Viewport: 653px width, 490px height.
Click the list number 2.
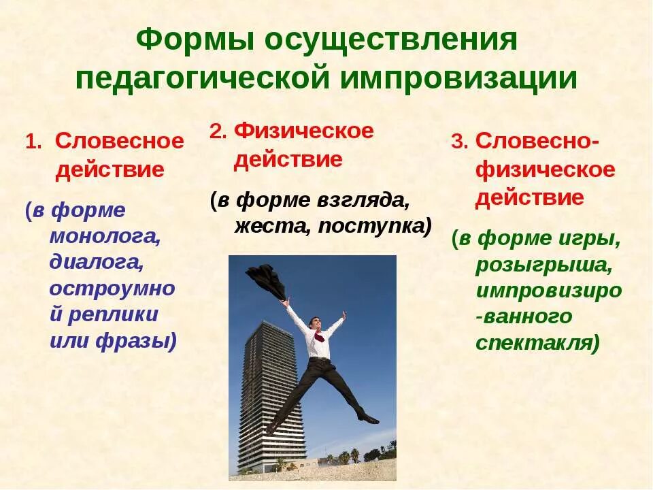[217, 132]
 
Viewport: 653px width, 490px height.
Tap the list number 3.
[459, 142]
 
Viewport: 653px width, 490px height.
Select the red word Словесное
[119, 142]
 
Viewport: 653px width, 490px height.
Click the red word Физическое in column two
[303, 131]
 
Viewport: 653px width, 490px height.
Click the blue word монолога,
[104, 236]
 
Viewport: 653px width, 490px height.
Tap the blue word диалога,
[95, 262]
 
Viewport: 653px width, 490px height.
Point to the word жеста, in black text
[271, 226]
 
